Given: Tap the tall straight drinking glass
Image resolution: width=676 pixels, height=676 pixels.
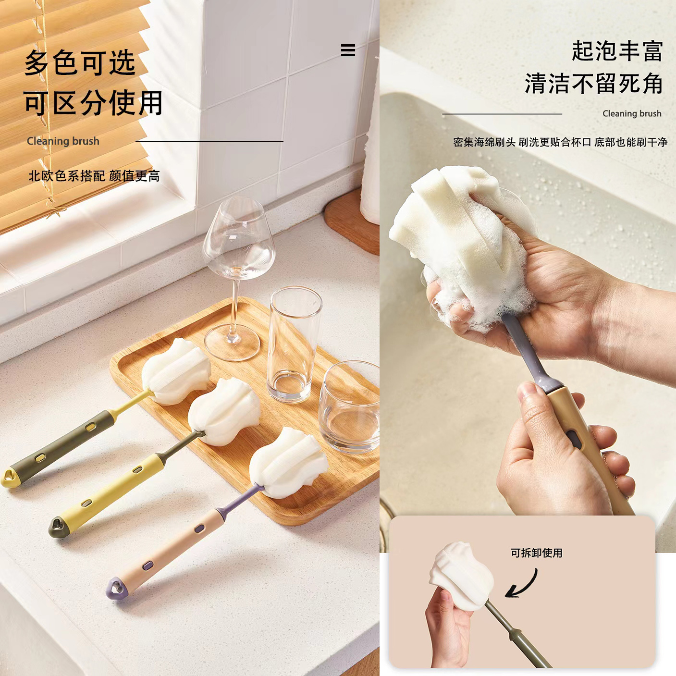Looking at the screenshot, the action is pyautogui.click(x=294, y=344).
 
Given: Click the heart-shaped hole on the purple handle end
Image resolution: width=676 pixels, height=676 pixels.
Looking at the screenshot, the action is pyautogui.click(x=116, y=587).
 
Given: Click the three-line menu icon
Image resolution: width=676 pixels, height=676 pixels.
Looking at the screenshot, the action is pyautogui.click(x=348, y=50).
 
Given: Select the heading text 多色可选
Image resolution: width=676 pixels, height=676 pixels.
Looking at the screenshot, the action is pyautogui.click(x=80, y=62).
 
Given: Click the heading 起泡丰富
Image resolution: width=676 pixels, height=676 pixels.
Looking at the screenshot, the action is pyautogui.click(x=617, y=51).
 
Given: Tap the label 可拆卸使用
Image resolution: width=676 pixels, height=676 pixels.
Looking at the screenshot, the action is pyautogui.click(x=536, y=553).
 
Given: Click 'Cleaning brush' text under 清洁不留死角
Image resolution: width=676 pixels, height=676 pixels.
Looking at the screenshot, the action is pyautogui.click(x=632, y=114).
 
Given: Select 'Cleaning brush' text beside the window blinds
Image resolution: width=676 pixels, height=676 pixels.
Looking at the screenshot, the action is pyautogui.click(x=63, y=141).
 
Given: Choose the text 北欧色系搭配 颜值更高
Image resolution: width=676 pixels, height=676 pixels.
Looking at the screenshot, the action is pyautogui.click(x=94, y=176).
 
